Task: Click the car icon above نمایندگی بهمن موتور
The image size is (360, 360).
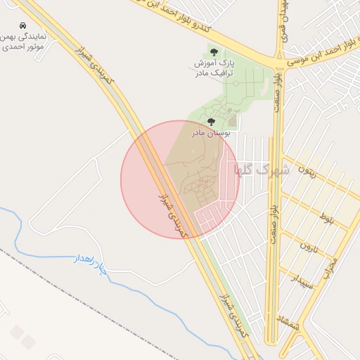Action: click(x=23, y=25)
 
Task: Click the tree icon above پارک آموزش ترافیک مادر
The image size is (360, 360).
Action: click(x=214, y=51)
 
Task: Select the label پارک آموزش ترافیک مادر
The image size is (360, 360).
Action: click(x=214, y=68)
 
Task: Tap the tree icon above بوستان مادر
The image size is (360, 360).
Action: click(x=212, y=122)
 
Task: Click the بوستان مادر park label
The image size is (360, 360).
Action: click(x=209, y=132)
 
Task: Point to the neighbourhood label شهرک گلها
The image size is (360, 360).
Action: click(x=255, y=170)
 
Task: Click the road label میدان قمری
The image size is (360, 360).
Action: click(x=283, y=21)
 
